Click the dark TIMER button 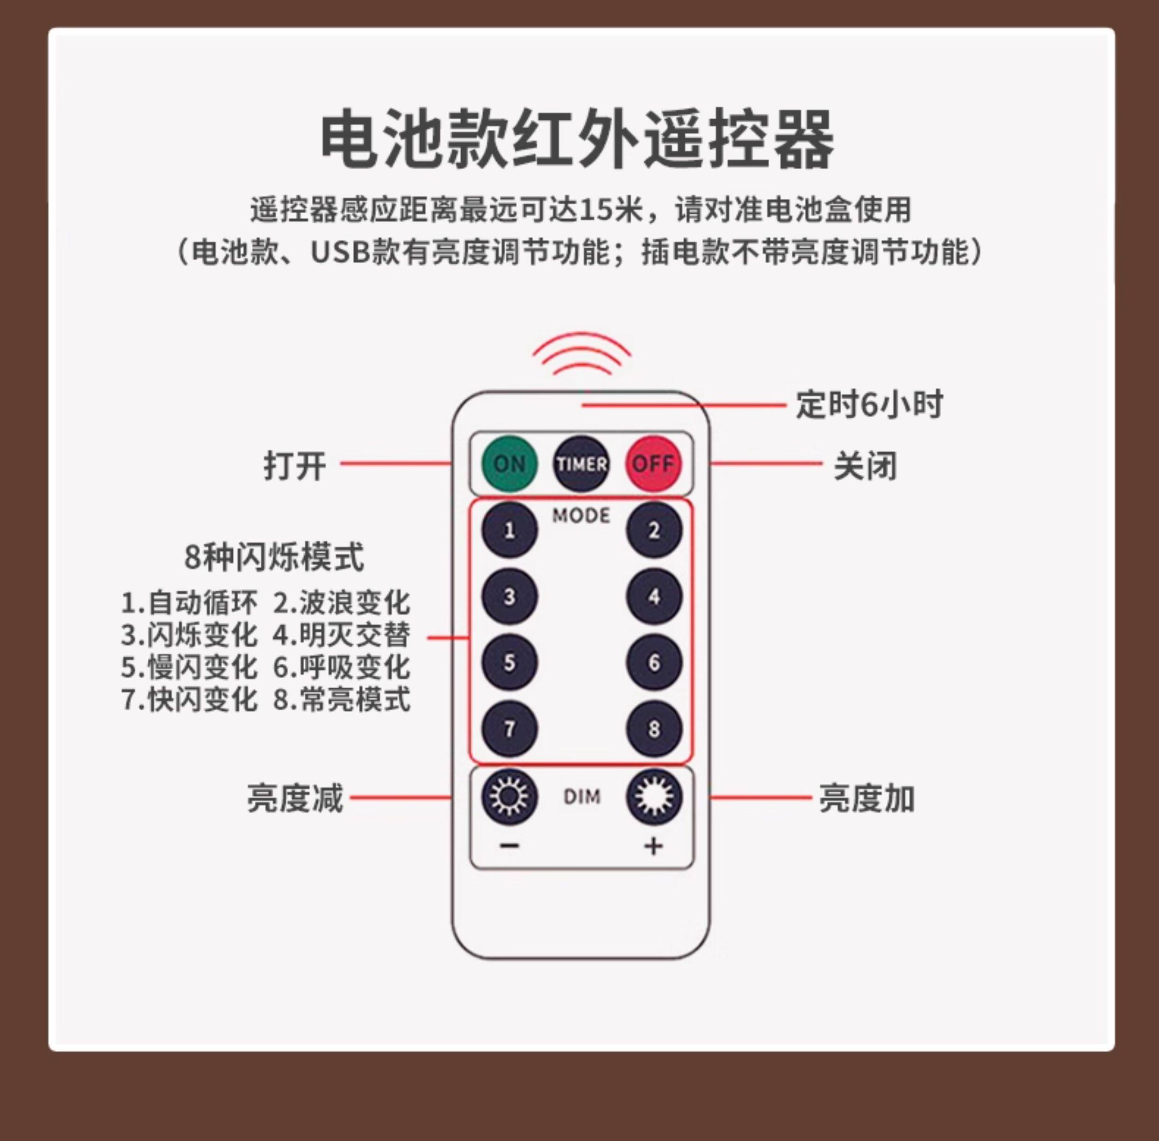pyautogui.click(x=581, y=464)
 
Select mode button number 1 pyautogui.click(x=509, y=530)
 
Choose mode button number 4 pyautogui.click(x=654, y=596)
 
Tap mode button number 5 pyautogui.click(x=509, y=662)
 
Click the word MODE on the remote pyautogui.click(x=581, y=515)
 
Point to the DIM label pyautogui.click(x=581, y=797)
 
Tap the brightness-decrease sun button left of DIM pyautogui.click(x=509, y=797)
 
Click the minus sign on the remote pyautogui.click(x=509, y=845)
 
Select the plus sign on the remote pyautogui.click(x=653, y=846)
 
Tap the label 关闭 pyautogui.click(x=866, y=466)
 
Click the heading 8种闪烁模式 pyautogui.click(x=274, y=557)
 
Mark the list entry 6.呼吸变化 pyautogui.click(x=342, y=667)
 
